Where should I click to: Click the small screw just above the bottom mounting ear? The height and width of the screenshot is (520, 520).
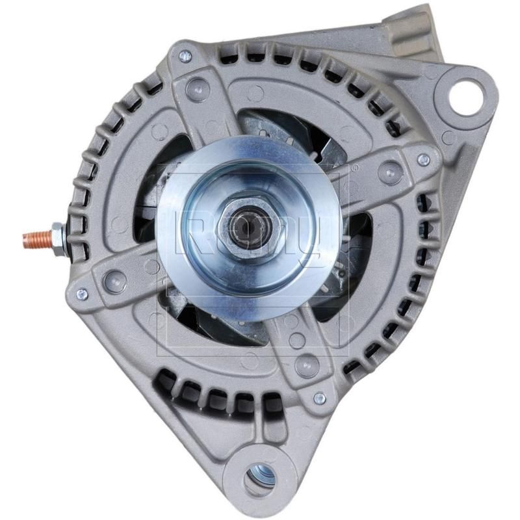pos(318,398)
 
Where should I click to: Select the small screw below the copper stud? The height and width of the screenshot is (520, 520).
pos(81,294)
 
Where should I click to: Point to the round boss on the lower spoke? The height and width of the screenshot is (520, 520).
pos(305,366)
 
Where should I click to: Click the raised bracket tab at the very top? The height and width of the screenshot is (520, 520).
pos(416,26)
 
